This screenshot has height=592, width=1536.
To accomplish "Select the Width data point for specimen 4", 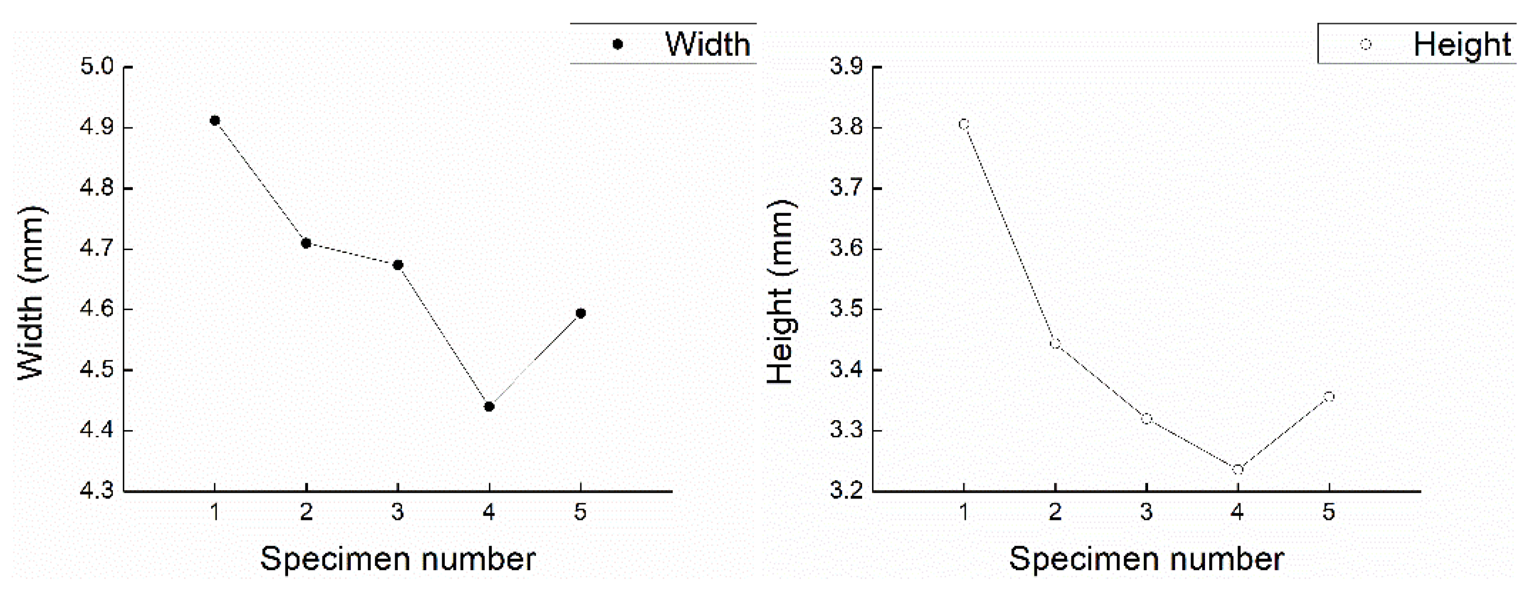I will (489, 407).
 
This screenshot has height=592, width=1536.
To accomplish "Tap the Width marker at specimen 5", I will (581, 314).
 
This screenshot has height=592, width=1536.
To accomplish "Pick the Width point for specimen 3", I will (398, 265).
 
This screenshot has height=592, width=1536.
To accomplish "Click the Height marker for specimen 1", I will (964, 124).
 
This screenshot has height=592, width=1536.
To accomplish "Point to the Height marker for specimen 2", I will (1055, 344).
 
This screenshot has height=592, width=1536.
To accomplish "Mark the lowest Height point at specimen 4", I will (1238, 470).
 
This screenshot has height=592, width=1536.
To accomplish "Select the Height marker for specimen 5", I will (1329, 397).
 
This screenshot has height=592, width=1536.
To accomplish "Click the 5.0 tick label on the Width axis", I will (97, 66).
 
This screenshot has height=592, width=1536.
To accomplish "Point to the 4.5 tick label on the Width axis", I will (97, 370).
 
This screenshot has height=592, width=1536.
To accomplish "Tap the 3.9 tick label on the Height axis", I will (846, 66).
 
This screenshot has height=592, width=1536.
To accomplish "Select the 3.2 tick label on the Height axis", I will (846, 491).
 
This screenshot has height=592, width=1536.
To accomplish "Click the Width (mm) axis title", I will (30, 292).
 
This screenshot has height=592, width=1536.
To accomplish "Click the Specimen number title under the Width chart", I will (398, 559).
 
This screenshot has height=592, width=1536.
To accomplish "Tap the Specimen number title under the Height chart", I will (1146, 559).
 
